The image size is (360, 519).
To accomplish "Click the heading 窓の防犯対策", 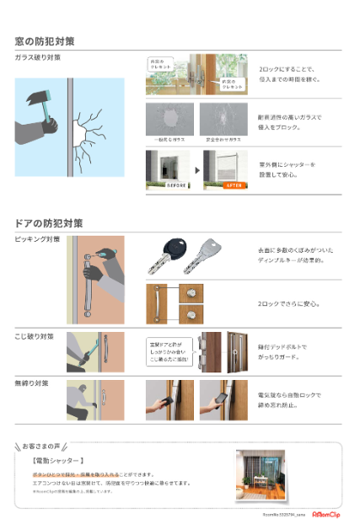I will tap(44, 40).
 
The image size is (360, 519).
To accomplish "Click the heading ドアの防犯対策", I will tap(48, 223).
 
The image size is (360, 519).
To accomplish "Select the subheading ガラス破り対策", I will tap(37, 57).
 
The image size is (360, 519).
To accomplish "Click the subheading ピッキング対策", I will tap(37, 239).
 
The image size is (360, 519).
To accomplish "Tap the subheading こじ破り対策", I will tap(35, 336).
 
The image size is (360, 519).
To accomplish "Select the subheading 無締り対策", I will tap(32, 383).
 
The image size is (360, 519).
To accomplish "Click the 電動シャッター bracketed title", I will tap(58, 461).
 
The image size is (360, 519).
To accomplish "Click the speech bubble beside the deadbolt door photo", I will tap(169, 351).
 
